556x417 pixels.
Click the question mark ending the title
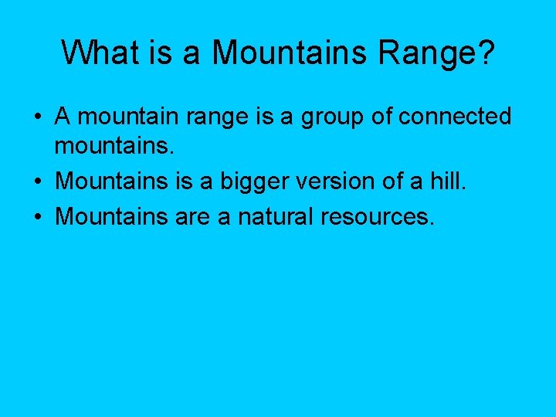tap(486, 53)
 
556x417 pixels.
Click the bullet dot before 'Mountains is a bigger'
tap(38, 181)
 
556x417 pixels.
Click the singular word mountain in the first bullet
tap(126, 117)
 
